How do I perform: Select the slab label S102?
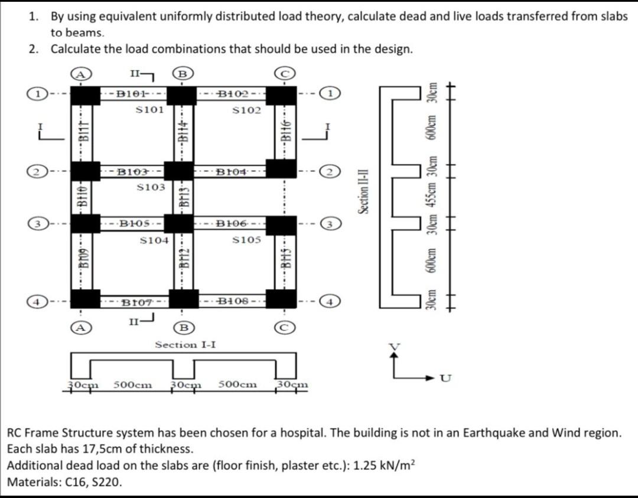click(x=246, y=110)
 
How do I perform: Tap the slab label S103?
click(x=151, y=187)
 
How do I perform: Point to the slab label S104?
click(x=155, y=240)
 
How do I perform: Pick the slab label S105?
click(x=246, y=240)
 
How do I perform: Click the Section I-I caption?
click(x=184, y=344)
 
